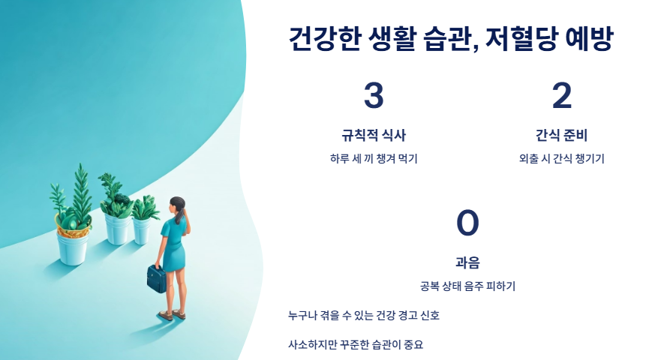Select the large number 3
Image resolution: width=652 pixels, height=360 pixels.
coord(374,96)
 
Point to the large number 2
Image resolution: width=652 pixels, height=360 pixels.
coord(562,96)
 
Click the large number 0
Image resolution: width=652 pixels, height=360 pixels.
coord(467,223)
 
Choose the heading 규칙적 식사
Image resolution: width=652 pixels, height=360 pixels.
coord(374,136)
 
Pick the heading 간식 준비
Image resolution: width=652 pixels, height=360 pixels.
coord(562,136)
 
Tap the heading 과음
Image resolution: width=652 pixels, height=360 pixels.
coord(467,262)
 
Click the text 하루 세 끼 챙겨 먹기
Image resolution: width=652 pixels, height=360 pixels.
coord(374,158)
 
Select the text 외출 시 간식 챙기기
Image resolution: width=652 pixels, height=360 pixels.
coord(562,158)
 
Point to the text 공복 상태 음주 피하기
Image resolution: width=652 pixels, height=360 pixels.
coord(467,286)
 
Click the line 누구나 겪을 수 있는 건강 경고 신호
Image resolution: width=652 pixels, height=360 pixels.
coord(364,316)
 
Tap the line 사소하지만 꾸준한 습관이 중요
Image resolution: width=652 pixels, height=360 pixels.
coord(356,345)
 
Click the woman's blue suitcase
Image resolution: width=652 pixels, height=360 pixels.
coord(157,278)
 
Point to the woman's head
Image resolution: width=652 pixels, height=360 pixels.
coord(178,204)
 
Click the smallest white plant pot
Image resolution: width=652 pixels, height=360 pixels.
coord(142,229)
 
